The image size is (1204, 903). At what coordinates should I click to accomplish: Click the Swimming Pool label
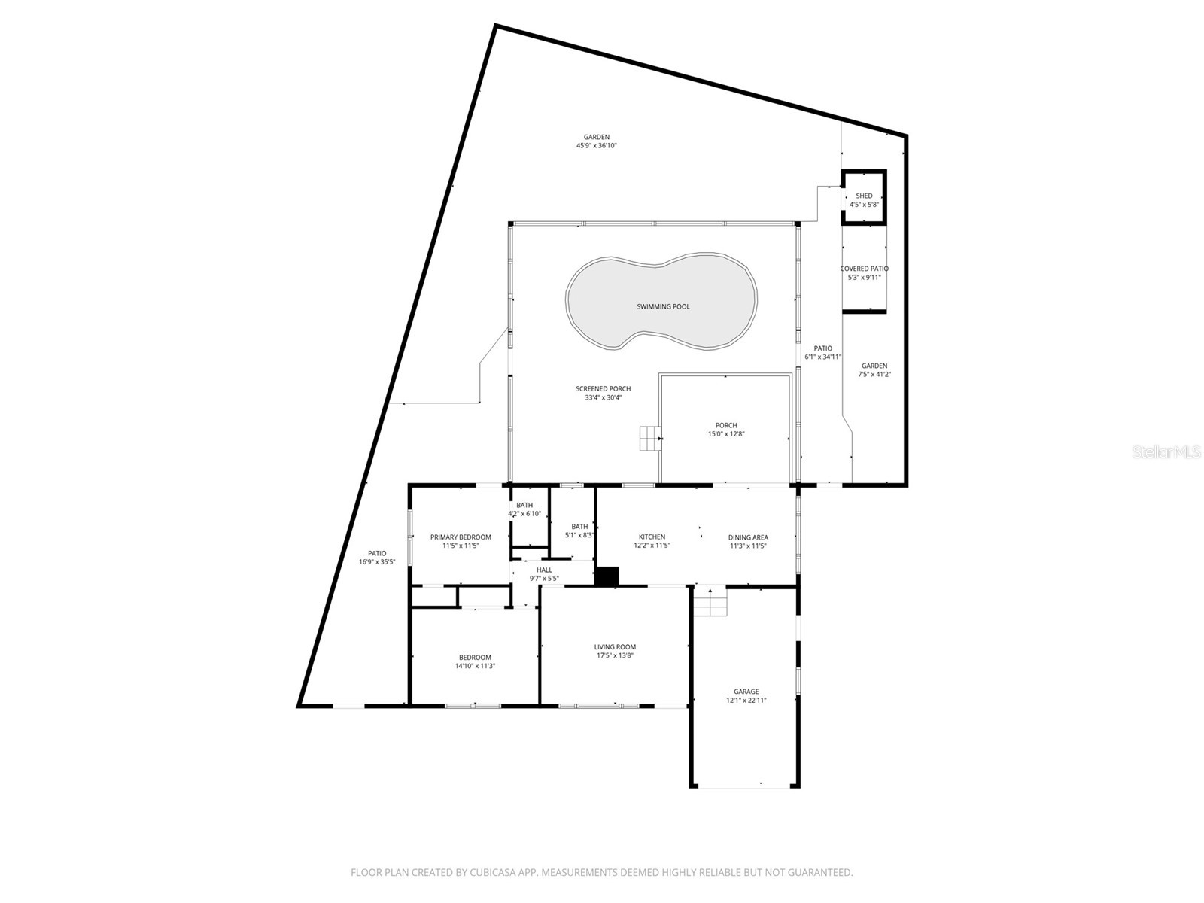(663, 306)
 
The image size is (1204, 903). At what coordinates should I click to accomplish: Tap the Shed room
(864, 199)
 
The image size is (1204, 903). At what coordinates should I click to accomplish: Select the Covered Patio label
(864, 269)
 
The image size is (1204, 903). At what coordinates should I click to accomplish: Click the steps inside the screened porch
(649, 438)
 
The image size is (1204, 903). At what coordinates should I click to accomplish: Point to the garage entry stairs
(710, 601)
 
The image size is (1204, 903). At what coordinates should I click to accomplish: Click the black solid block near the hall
(607, 576)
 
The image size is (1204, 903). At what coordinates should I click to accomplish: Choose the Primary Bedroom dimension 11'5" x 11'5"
(461, 546)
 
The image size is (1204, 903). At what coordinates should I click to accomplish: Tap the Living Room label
(615, 646)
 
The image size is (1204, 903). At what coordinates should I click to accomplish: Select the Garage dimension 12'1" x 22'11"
(746, 701)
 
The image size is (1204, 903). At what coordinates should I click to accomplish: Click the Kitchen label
(652, 537)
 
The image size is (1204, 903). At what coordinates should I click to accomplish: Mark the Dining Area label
(748, 537)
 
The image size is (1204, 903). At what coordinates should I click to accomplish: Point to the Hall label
(544, 570)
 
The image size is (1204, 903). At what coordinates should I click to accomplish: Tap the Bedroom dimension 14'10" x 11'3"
(475, 666)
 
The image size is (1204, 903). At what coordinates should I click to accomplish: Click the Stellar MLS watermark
(1166, 452)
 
